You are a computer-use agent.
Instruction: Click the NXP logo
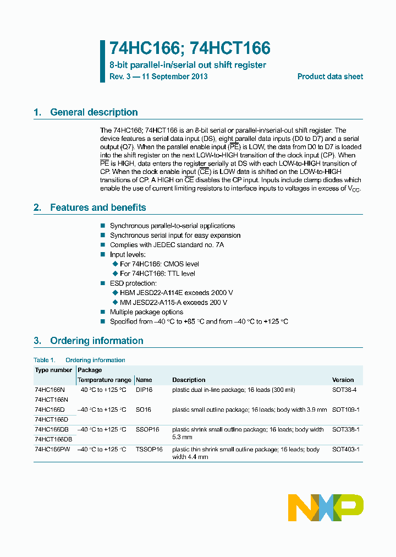pos(326,507)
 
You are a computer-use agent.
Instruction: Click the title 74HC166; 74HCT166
pos(190,48)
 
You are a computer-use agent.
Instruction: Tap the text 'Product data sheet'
pos(330,77)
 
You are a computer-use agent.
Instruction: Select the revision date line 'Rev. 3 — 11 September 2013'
pos(158,77)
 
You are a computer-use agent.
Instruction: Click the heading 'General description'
pos(94,112)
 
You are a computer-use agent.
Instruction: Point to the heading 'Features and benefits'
pos(98,207)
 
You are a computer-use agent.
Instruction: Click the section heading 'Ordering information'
pos(96,341)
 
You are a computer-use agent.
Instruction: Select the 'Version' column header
pos(343,380)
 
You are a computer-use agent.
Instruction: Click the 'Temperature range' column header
pos(105,380)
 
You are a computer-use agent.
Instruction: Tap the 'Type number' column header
pos(53,370)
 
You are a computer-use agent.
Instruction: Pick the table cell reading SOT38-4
pos(344,390)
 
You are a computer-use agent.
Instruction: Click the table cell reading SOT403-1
pos(345,449)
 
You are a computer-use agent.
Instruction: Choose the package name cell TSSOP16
pos(149,449)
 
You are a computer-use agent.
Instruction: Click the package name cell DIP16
pos(144,390)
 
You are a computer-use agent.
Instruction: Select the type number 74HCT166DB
pos(53,439)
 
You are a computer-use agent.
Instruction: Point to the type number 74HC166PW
pos(52,449)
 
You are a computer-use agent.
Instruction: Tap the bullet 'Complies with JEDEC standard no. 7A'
pos(167,245)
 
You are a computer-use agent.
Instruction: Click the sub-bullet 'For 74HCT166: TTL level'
pos(157,274)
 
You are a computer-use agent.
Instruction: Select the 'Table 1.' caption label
pos(45,360)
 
